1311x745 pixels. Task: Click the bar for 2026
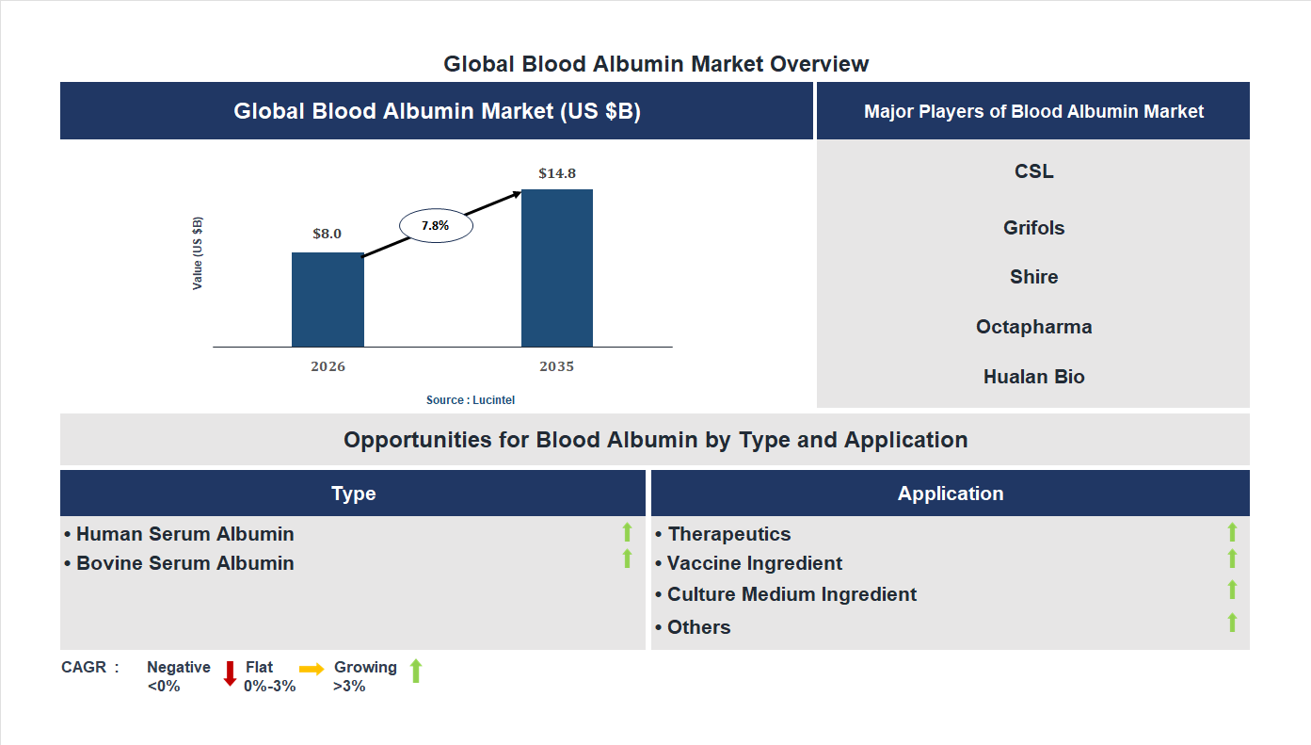(x=328, y=300)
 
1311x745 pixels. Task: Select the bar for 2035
(x=557, y=268)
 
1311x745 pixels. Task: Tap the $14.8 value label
(x=557, y=173)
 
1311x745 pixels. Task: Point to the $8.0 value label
(x=328, y=234)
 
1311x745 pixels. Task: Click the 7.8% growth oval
(x=436, y=226)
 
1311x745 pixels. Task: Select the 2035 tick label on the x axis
(x=556, y=366)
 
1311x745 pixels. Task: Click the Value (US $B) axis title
(x=198, y=253)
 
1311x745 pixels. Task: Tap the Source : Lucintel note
(x=471, y=400)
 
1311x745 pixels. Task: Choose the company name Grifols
(x=1033, y=228)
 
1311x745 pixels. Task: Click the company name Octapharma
(x=1033, y=327)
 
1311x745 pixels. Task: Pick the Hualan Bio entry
(x=1033, y=377)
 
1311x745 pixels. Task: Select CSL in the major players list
(x=1033, y=171)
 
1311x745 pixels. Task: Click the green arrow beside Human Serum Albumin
(x=627, y=532)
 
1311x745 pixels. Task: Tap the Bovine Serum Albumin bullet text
(x=184, y=563)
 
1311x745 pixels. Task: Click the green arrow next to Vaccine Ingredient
(x=1232, y=559)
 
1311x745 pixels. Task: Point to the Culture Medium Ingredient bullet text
(x=791, y=594)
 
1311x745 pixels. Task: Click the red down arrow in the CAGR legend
(x=230, y=673)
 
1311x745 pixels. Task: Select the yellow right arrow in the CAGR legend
(x=312, y=669)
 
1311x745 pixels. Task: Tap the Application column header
(x=951, y=494)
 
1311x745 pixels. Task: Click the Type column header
(x=353, y=494)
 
